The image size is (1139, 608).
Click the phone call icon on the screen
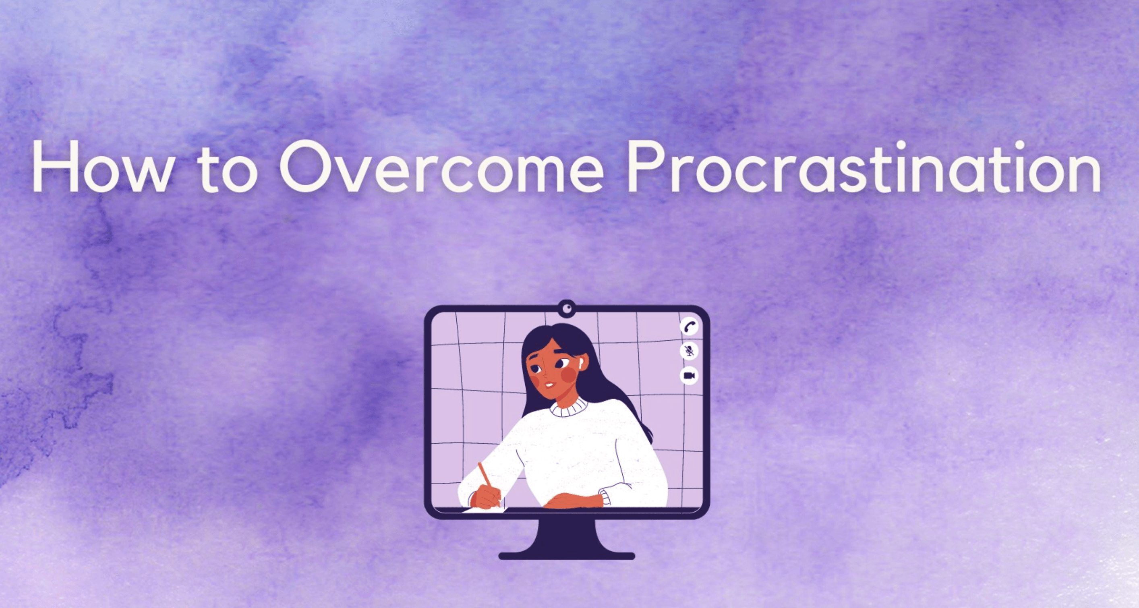689,327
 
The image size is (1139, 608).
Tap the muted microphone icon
689,351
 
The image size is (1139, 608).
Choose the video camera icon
689,375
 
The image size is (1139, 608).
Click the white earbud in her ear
578,366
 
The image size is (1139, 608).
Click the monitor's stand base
567,556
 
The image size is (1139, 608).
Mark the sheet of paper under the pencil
485,510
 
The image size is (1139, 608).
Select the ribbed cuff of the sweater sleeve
605,497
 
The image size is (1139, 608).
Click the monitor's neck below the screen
567,535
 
